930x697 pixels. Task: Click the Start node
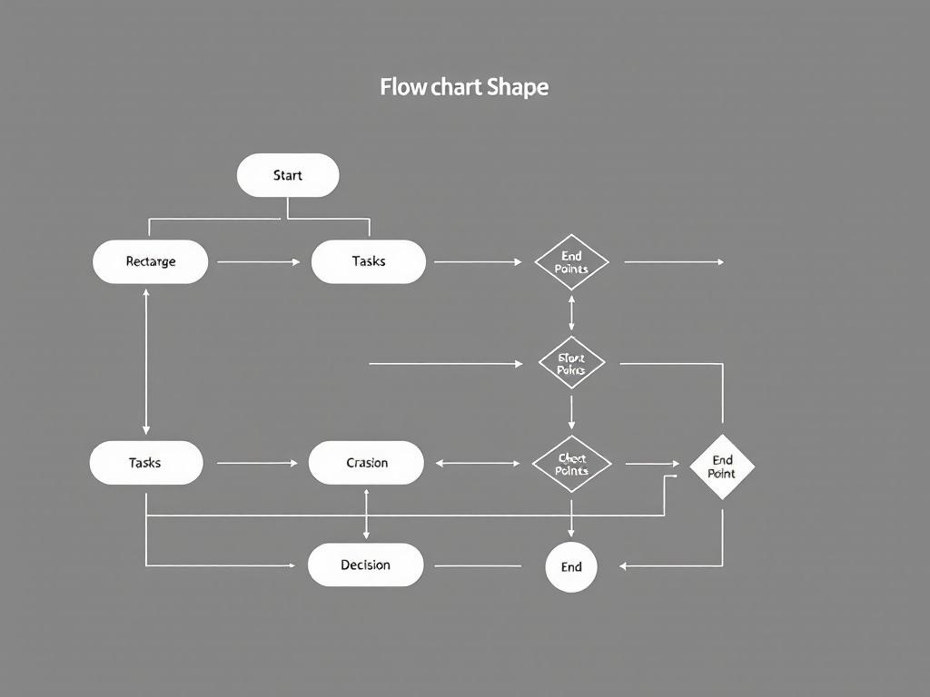pos(288,175)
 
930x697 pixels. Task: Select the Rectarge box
pos(151,261)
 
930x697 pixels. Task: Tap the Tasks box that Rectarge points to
pos(368,261)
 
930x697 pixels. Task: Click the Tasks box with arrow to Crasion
pos(145,463)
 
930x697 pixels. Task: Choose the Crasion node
pos(366,463)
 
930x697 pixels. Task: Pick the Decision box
pos(365,565)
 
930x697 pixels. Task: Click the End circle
pos(571,567)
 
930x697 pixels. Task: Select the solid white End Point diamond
pos(722,466)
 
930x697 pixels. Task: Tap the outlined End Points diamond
pos(571,262)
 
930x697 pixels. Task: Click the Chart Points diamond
pos(571,464)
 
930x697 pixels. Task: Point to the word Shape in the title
pos(518,87)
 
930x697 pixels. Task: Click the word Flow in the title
pos(400,87)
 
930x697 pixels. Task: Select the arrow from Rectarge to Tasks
pos(259,262)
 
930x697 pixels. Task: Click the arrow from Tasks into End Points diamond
pos(478,262)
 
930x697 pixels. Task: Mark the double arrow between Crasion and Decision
pos(366,514)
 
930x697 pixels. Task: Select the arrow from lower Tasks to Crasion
pos(257,463)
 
